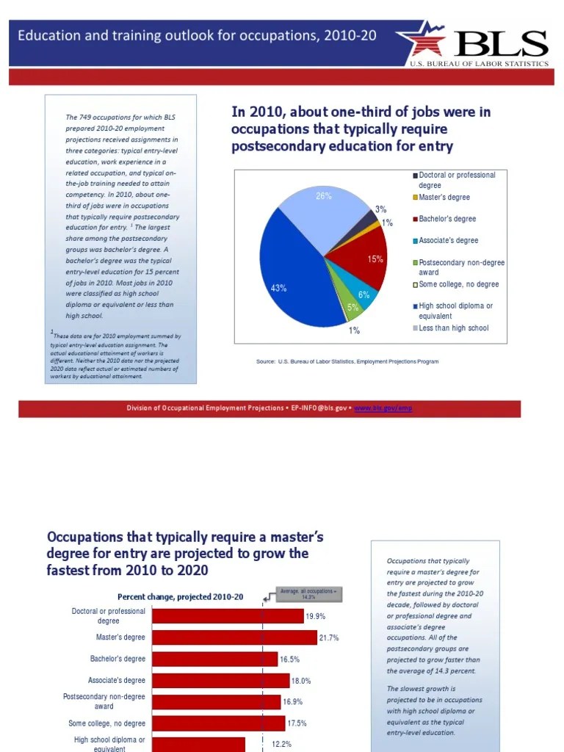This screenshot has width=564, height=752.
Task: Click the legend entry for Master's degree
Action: click(x=444, y=198)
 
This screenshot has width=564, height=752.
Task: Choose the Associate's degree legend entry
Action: click(x=448, y=241)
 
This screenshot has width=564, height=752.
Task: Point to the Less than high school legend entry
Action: click(x=453, y=328)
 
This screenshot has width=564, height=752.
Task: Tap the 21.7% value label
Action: click(x=329, y=638)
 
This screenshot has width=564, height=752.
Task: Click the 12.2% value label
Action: click(x=282, y=744)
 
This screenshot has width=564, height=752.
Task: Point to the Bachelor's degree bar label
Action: click(x=117, y=659)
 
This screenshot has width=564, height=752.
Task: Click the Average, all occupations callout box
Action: click(x=308, y=594)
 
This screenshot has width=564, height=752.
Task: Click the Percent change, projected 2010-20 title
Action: click(x=180, y=596)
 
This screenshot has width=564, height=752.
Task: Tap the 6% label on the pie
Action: click(x=364, y=294)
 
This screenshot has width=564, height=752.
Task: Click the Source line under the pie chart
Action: click(x=347, y=361)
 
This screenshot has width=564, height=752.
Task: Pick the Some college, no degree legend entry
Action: click(x=458, y=284)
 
